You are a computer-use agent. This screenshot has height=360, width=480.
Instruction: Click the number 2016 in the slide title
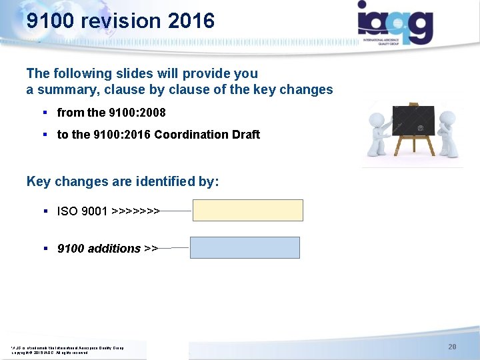pyautogui.click(x=191, y=21)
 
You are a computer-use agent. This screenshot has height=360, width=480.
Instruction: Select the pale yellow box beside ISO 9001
pyautogui.click(x=248, y=210)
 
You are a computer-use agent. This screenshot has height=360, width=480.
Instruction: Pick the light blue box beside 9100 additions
pyautogui.click(x=245, y=247)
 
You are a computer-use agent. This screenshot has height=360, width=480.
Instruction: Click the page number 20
pyautogui.click(x=452, y=347)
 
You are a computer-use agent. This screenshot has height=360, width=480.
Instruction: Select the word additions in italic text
pyautogui.click(x=114, y=249)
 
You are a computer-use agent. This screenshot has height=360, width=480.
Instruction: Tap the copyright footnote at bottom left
pyautogui.click(x=67, y=349)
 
